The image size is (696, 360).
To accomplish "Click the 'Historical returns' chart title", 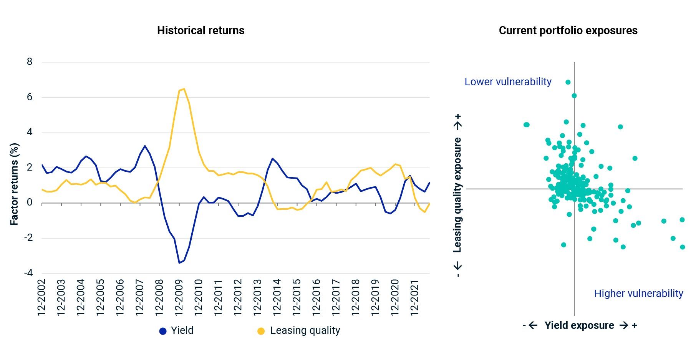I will (201, 31).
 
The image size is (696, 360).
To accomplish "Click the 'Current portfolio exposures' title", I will (568, 31).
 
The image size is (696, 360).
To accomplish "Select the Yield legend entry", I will (176, 330).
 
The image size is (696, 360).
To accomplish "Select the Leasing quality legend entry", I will (299, 330).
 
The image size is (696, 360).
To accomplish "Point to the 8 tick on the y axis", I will (30, 62).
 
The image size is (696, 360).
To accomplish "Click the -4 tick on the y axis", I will (28, 273).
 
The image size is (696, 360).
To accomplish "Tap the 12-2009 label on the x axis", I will (179, 298).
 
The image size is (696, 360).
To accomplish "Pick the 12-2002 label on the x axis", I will (41, 298).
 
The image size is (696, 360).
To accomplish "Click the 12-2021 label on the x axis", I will (415, 298).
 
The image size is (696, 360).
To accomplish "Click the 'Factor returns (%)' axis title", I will (14, 184).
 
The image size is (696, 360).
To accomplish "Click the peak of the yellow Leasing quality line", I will (184, 89).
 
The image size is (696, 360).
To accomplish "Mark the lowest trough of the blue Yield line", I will (179, 263).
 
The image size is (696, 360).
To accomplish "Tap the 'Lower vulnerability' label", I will (508, 82).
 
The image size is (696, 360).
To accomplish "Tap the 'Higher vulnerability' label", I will (638, 294).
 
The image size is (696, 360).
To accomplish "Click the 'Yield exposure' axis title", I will (579, 325).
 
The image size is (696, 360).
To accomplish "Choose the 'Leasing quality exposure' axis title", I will (457, 195).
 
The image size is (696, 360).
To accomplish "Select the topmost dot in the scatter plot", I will (568, 82).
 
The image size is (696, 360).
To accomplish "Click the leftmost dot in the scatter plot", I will (526, 125).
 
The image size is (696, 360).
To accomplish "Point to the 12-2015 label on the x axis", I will (297, 298).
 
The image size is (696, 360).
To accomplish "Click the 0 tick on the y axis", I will (30, 202).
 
